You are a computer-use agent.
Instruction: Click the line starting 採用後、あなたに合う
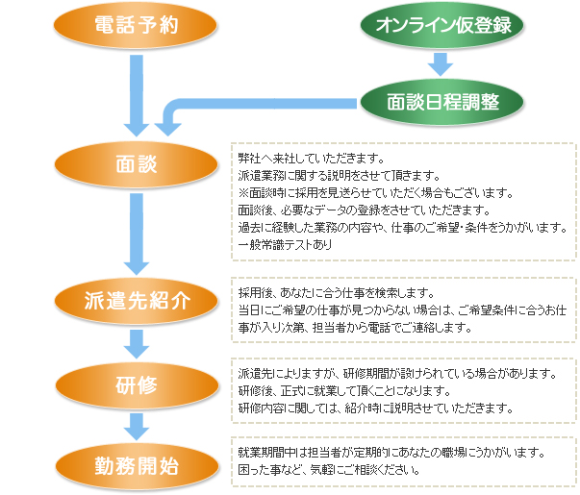(337, 292)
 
